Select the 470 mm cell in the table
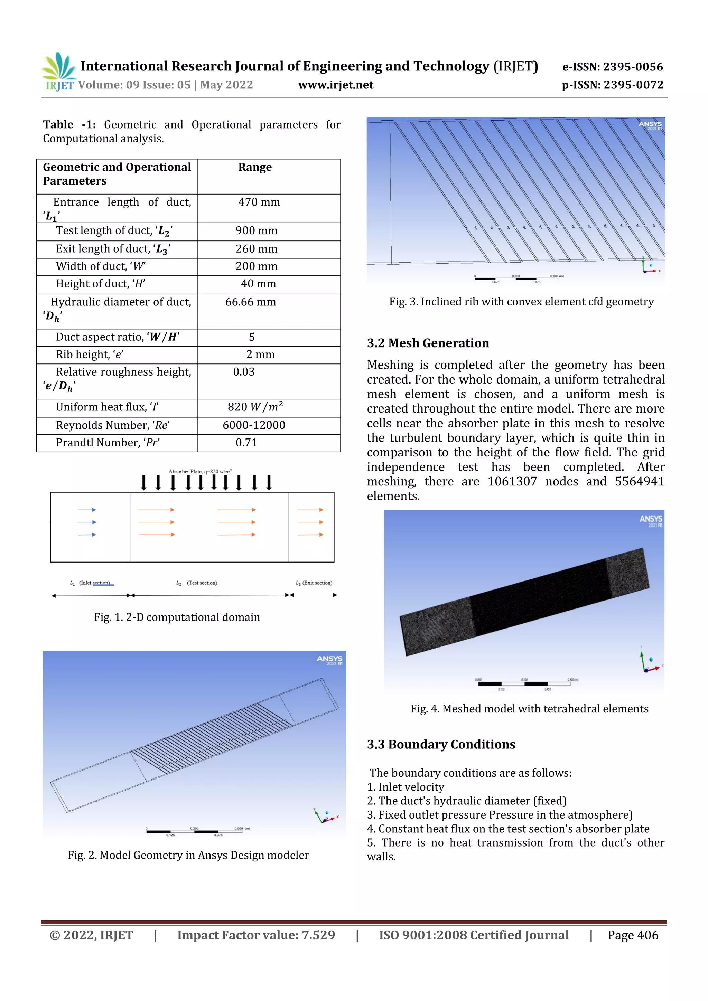click(259, 202)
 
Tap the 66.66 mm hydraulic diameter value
click(250, 302)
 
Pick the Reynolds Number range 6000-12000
click(253, 425)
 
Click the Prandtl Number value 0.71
click(246, 443)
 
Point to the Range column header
click(255, 168)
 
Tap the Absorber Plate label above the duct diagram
click(200, 471)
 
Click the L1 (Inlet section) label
click(90, 583)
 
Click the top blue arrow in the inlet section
click(87, 510)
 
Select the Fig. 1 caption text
click(177, 617)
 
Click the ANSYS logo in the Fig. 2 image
click(329, 659)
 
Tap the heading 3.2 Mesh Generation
click(428, 343)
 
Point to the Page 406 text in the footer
click(633, 935)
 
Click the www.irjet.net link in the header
click(335, 85)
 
